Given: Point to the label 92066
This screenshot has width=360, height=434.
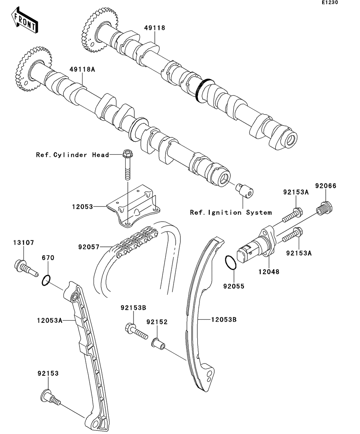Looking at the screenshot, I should (325, 186).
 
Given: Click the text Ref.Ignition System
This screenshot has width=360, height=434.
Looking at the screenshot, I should (231, 213).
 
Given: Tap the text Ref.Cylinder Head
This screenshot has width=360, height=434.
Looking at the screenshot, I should (72, 155).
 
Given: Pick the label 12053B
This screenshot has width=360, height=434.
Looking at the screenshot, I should (224, 319).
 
